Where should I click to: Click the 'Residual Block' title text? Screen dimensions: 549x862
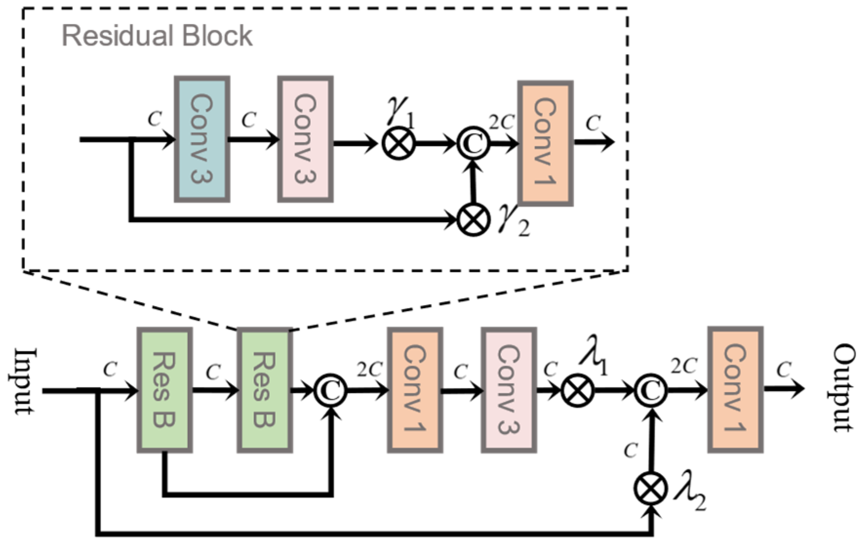[157, 36]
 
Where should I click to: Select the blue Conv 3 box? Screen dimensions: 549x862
[202, 139]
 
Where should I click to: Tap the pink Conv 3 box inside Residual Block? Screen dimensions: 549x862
[306, 139]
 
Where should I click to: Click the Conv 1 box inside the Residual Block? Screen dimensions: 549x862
[545, 143]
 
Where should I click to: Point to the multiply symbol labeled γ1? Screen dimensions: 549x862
[399, 143]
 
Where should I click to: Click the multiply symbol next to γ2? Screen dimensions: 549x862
[473, 220]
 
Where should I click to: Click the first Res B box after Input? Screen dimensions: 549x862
[164, 390]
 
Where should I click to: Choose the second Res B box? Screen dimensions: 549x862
[265, 390]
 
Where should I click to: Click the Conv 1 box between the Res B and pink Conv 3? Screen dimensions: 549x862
[415, 390]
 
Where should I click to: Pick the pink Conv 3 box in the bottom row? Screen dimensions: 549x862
[509, 390]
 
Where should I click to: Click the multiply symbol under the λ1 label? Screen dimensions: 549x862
[577, 390]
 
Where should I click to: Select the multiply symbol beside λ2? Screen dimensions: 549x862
[651, 488]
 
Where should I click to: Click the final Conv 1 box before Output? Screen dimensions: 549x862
[735, 389]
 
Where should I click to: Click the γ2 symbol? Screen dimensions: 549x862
[513, 222]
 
